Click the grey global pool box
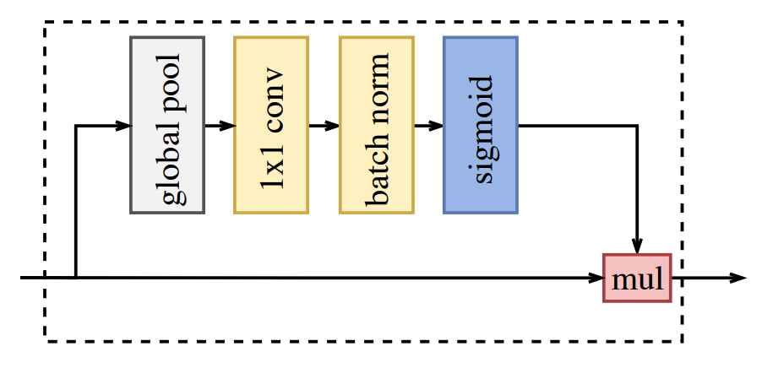click(166, 125)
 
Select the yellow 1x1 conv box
click(270, 125)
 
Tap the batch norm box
click(376, 125)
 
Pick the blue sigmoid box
click(480, 125)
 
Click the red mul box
click(637, 278)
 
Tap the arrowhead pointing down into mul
click(637, 246)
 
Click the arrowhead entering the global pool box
click(122, 126)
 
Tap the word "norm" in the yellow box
click(377, 87)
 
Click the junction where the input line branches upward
click(76, 278)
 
